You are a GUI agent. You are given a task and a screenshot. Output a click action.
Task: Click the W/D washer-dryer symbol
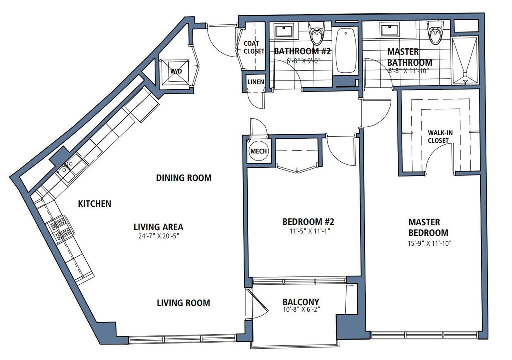(x=175, y=71)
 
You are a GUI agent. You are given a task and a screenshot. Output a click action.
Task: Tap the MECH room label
(x=258, y=151)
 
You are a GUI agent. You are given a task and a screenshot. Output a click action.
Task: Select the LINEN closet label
(x=256, y=82)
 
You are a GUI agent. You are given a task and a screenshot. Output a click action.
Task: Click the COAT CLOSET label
(x=253, y=47)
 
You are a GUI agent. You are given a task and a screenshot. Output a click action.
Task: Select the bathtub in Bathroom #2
(x=346, y=50)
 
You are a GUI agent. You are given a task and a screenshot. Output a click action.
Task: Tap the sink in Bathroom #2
(x=284, y=31)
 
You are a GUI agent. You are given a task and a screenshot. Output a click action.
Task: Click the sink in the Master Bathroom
(x=390, y=30)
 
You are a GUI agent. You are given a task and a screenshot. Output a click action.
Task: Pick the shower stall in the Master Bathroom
(x=465, y=60)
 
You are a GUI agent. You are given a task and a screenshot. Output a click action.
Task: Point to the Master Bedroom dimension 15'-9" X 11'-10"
(x=429, y=243)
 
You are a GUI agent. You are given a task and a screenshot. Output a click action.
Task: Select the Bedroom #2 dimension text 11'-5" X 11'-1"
(x=308, y=231)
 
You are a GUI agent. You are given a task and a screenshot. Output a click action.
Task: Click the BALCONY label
(x=301, y=302)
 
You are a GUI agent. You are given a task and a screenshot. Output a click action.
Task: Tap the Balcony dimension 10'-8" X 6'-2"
(x=301, y=309)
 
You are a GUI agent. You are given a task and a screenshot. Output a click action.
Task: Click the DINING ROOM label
(x=184, y=178)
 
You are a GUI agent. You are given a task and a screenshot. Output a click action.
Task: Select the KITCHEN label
(x=94, y=204)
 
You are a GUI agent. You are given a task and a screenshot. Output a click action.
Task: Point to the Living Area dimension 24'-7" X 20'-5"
(x=159, y=236)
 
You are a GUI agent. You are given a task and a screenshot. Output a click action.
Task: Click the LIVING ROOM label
(x=183, y=303)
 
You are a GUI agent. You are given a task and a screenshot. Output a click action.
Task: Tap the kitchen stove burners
(x=60, y=229)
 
